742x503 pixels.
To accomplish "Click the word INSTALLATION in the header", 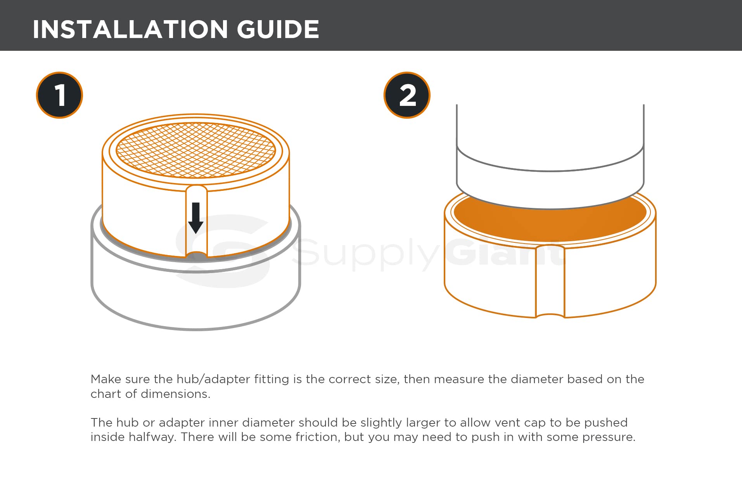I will [x=130, y=29].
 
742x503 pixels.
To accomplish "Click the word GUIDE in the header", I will [x=278, y=29].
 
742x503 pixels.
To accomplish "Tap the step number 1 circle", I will [x=59, y=95].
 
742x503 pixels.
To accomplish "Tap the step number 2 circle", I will [x=407, y=95].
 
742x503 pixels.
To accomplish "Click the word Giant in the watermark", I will [x=504, y=252].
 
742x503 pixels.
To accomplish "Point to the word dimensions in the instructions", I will [x=175, y=394].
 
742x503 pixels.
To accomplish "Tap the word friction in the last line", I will [x=317, y=437].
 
